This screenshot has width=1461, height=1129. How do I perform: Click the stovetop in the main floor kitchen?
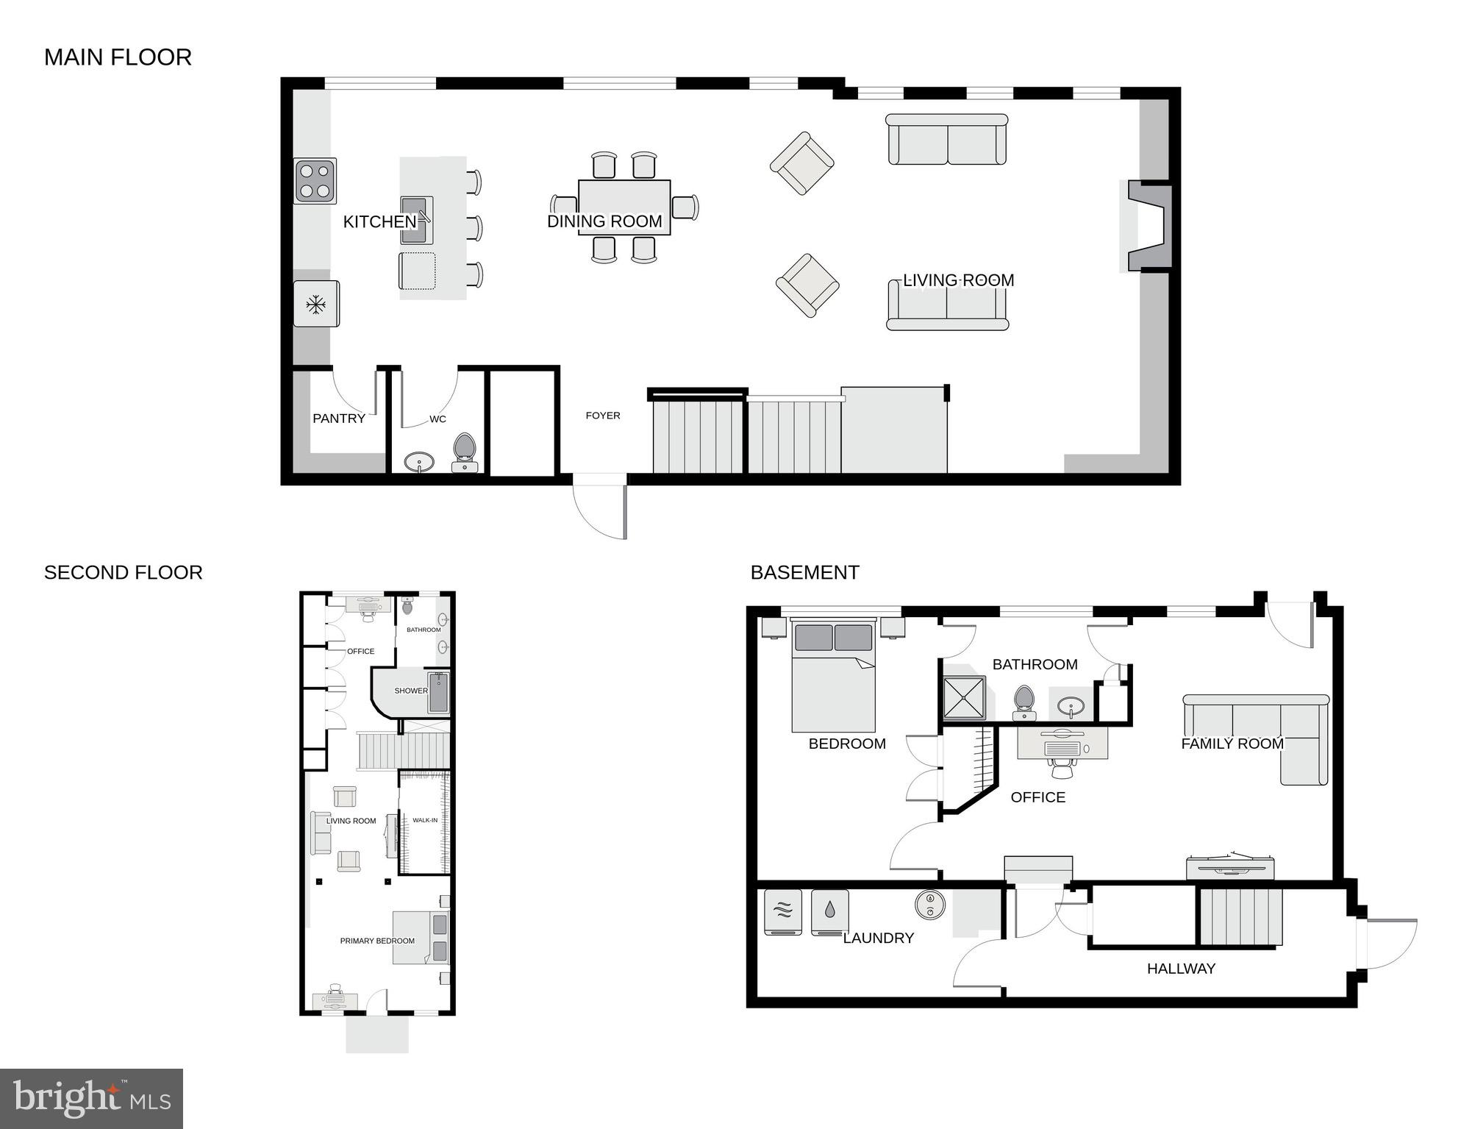pyautogui.click(x=315, y=181)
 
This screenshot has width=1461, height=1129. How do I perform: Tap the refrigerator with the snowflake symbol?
pyautogui.click(x=316, y=304)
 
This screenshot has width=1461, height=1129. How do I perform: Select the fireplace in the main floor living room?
pyautogui.click(x=1149, y=227)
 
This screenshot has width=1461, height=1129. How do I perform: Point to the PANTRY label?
pyautogui.click(x=339, y=419)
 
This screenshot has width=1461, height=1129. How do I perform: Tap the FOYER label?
pyautogui.click(x=603, y=416)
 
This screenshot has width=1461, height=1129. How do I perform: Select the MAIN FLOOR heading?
pyautogui.click(x=118, y=57)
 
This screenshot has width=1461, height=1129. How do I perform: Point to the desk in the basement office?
pyautogui.click(x=1062, y=743)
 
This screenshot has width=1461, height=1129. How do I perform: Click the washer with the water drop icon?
pyautogui.click(x=829, y=911)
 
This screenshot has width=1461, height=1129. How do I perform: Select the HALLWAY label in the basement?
pyautogui.click(x=1181, y=969)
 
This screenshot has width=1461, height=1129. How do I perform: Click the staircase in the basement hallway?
pyautogui.click(x=1241, y=916)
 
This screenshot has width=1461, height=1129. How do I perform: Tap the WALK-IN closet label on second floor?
pyautogui.click(x=425, y=820)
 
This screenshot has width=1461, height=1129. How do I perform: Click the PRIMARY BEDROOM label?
pyautogui.click(x=377, y=941)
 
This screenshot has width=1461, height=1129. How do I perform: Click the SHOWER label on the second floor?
pyautogui.click(x=410, y=691)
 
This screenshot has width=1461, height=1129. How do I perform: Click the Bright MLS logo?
pyautogui.click(x=91, y=1099)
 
